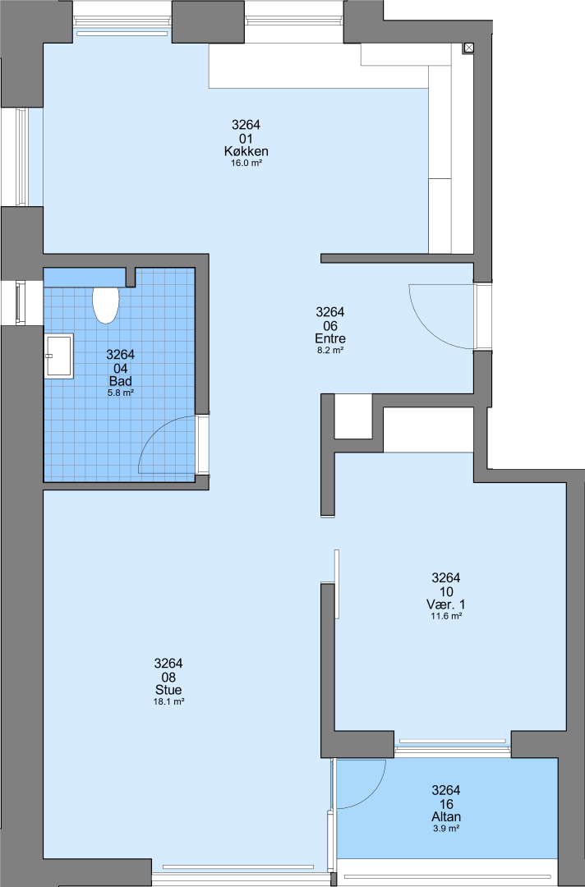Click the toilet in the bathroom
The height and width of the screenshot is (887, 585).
point(106,305)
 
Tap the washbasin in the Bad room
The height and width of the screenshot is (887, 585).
point(59,356)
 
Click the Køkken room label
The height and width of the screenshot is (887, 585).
point(246,152)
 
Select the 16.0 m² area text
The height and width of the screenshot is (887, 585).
point(246,163)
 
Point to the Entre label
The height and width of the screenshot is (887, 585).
point(330,338)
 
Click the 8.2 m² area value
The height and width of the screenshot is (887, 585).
point(330,350)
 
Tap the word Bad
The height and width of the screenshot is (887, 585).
point(121,381)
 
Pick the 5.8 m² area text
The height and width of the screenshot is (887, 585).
point(121,393)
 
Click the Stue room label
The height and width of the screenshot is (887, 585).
point(168,690)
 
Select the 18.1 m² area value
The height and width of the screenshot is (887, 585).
point(169,701)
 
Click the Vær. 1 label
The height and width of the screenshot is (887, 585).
point(446,604)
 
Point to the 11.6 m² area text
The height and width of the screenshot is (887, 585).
point(446,616)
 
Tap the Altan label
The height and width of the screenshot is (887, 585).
point(446,817)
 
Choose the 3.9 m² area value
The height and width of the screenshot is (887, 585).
point(446,828)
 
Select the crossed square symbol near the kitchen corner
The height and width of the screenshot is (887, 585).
point(469,48)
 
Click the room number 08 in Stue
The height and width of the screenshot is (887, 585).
point(168,677)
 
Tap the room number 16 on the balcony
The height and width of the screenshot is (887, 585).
point(446,804)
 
